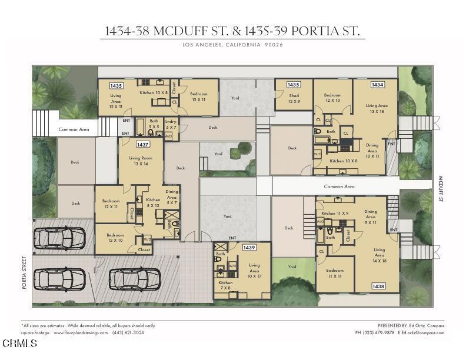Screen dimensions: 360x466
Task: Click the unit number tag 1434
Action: [377, 85]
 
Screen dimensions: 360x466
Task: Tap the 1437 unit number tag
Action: [142, 144]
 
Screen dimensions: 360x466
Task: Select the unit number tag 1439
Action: [249, 248]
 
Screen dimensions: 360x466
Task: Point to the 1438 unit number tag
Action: [378, 286]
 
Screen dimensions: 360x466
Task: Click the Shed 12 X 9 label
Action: [294, 98]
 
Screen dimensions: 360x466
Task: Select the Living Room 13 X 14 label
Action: [141, 161]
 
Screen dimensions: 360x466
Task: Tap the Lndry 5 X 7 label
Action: [171, 124]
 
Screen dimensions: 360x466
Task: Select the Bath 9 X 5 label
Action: [154, 124]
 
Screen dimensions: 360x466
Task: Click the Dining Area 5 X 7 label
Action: [171, 197]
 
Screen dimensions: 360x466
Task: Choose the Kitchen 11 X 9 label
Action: [335, 214]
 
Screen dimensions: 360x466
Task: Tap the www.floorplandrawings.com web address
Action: [81, 332]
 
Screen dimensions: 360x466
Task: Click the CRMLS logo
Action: [19, 344]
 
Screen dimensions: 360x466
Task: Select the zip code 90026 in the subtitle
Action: [274, 45]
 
